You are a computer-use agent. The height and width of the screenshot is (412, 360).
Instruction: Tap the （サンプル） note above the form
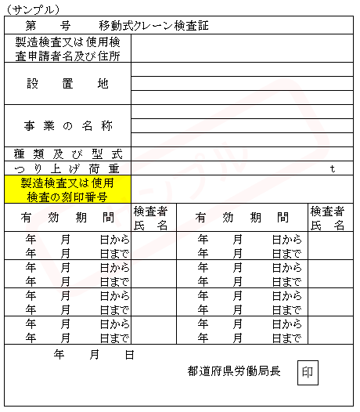coord(32,10)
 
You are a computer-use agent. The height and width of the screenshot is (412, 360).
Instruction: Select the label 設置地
coord(67,84)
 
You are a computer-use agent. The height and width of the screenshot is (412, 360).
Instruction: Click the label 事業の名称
coord(67,126)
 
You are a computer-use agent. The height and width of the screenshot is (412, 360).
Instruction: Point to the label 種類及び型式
coord(67,154)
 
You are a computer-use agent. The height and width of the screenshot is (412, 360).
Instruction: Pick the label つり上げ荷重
coord(67,168)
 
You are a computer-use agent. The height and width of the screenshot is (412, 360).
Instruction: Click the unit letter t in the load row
coord(332,168)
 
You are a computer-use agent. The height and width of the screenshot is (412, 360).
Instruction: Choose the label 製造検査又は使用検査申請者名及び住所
coord(67,49)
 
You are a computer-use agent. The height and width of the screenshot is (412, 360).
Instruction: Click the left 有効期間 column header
coord(67,217)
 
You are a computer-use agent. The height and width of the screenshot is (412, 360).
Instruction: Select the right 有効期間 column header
coord(241,217)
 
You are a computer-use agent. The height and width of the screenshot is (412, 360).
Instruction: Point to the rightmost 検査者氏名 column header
coord(328,218)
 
